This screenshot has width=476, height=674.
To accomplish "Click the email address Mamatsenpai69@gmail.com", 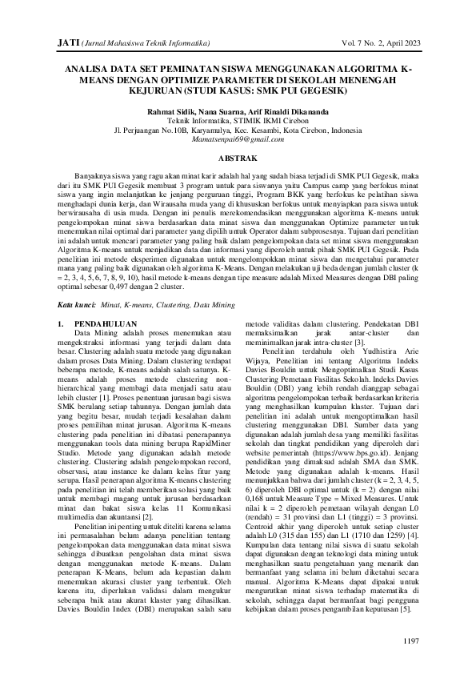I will click(x=238, y=138).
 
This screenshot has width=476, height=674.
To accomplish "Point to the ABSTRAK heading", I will click(x=238, y=159).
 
